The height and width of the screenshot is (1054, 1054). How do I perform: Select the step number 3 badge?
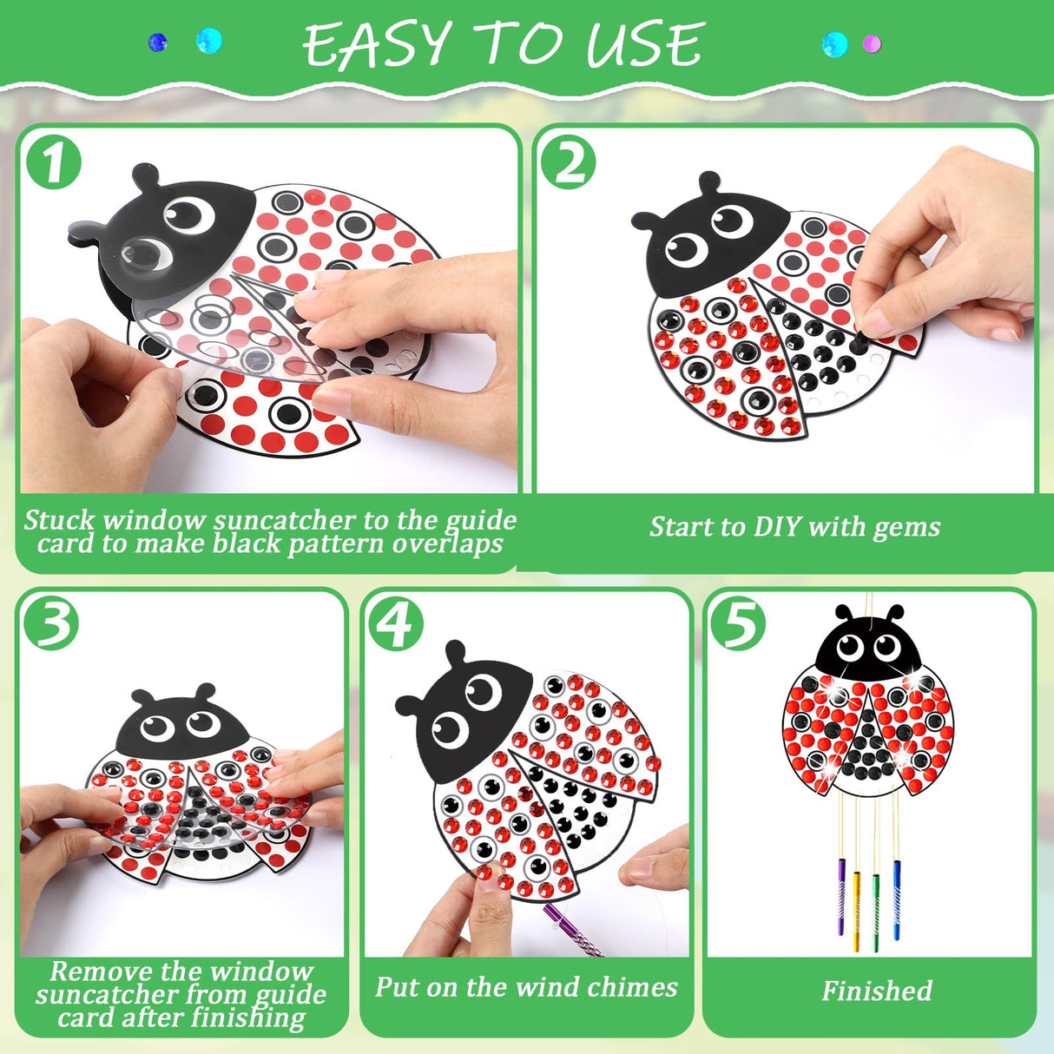coord(51,623)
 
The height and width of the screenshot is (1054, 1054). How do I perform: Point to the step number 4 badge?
coord(397,623)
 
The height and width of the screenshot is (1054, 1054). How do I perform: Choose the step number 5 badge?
coord(738,623)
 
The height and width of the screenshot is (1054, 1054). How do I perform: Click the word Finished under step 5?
coord(877,991)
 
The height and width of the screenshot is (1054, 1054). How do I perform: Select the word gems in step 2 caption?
coord(906,527)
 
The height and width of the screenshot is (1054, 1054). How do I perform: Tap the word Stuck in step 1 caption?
coord(59,520)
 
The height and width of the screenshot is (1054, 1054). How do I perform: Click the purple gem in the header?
coord(872,43)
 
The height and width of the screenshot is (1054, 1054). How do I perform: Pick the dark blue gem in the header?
coord(158,42)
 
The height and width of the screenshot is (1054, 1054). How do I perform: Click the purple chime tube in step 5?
coord(841,894)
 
